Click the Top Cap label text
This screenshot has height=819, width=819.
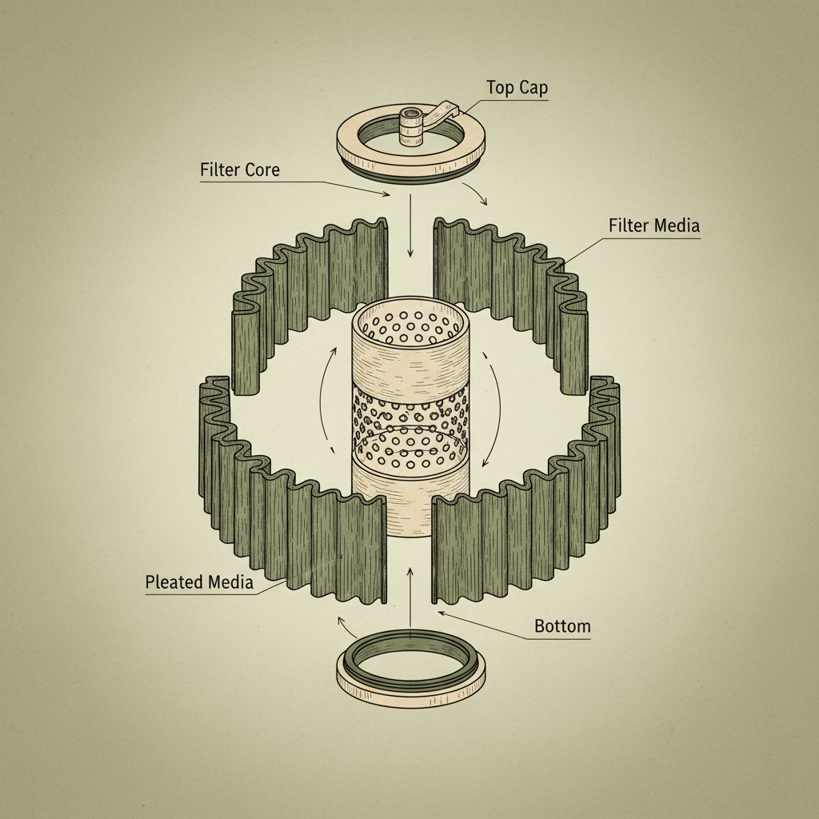(517, 88)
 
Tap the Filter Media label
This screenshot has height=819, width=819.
(653, 226)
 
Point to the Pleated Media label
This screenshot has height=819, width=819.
(199, 582)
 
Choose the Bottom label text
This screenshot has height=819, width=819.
(562, 625)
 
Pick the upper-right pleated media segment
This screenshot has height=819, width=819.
(512, 280)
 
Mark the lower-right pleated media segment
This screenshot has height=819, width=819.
(528, 528)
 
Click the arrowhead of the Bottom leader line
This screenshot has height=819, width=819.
(441, 614)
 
